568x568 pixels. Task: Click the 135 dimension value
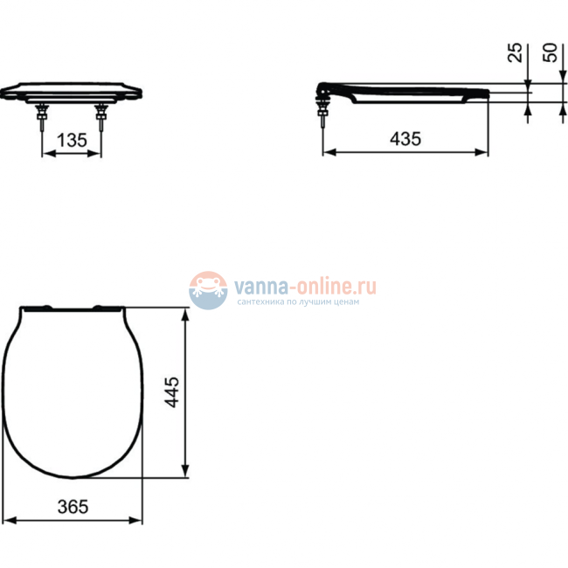pos(72,139)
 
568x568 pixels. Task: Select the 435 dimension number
pos(405,139)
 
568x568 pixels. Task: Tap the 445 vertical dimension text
pos(172,393)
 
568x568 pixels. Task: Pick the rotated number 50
pos(551,52)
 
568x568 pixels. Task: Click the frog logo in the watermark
pos(208,289)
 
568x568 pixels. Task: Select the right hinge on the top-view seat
pos(105,308)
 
